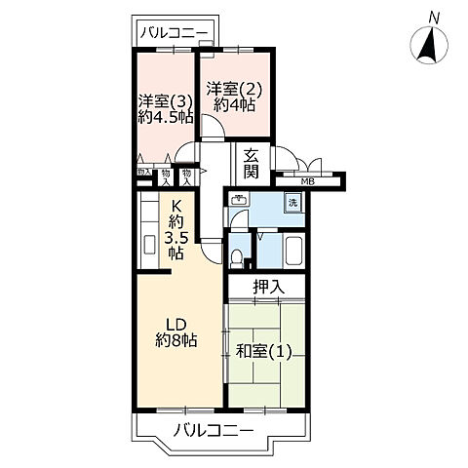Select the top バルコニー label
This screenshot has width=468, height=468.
tap(174, 33)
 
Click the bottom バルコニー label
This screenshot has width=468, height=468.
tap(215, 430)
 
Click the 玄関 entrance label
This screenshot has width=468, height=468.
tap(251, 163)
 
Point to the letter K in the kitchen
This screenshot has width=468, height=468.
tap(176, 206)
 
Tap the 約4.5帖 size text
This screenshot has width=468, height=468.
tap(165, 118)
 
